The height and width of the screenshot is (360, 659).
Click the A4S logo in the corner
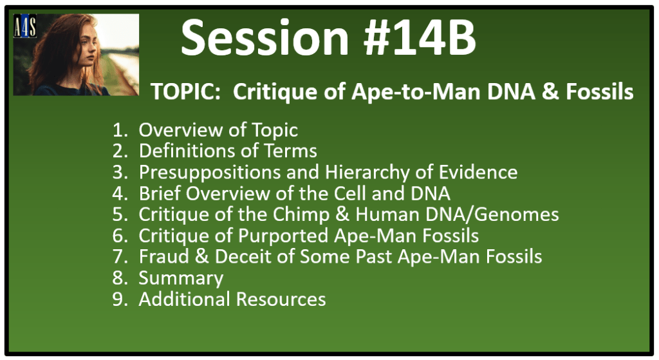(x=25, y=26)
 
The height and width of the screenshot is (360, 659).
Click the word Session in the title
(x=265, y=38)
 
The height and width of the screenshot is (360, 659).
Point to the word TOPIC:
(x=183, y=91)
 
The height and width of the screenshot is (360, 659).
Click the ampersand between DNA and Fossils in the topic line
(x=550, y=91)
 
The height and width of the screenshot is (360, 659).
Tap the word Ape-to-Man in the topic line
(x=416, y=91)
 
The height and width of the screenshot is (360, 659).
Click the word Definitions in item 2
(x=192, y=151)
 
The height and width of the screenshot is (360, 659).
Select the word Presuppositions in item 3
(x=210, y=173)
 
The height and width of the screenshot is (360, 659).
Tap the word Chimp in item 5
(x=301, y=214)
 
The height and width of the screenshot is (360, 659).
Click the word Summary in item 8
(x=181, y=279)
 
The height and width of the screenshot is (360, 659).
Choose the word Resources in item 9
(x=281, y=299)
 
